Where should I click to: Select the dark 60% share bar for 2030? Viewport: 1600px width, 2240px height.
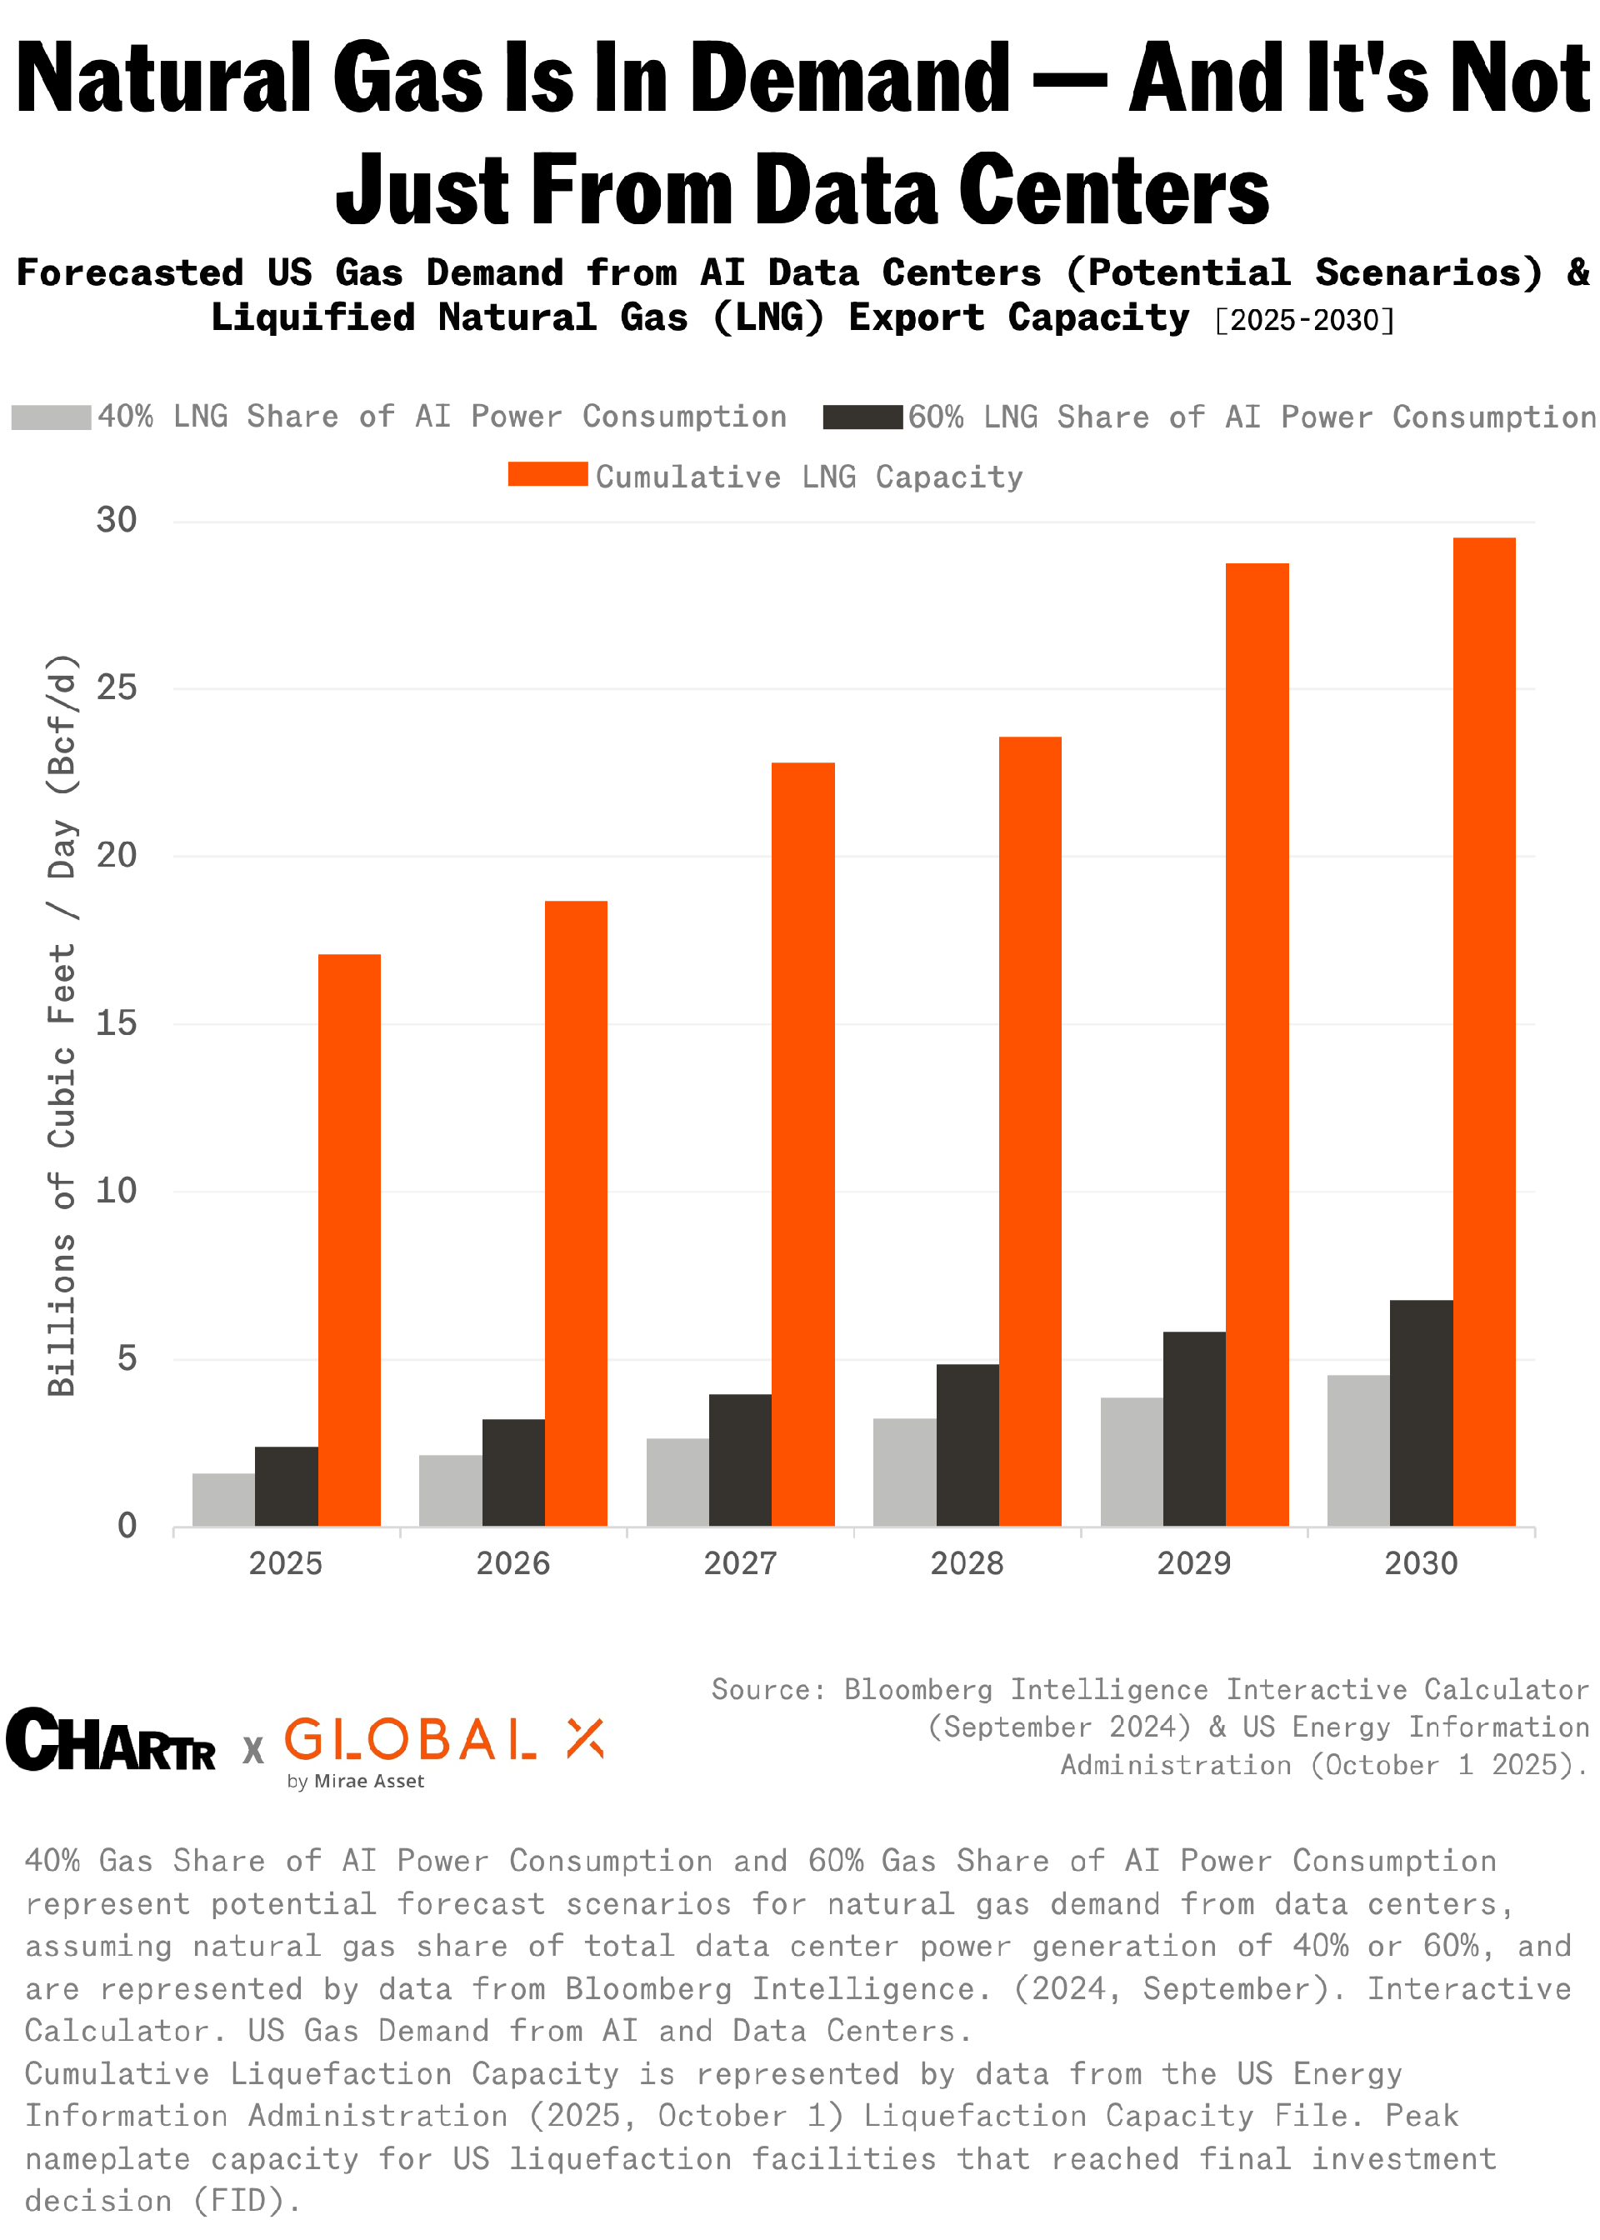pos(1421,1412)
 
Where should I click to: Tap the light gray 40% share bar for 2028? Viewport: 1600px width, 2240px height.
pos(903,1472)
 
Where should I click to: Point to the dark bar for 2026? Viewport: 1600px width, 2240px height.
pos(512,1472)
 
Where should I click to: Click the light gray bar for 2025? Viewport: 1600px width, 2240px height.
pos(222,1499)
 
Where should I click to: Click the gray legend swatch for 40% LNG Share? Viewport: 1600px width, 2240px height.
pos(51,417)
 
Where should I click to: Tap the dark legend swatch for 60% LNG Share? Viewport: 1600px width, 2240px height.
pos(862,417)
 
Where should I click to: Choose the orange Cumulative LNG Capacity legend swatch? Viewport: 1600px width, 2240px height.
pos(547,475)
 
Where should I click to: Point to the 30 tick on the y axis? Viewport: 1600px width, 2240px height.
pos(117,520)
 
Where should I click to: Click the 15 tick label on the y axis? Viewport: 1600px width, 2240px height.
pos(117,1022)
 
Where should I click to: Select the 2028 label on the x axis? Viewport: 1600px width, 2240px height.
pos(967,1563)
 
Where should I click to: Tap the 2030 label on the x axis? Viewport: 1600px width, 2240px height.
pos(1420,1563)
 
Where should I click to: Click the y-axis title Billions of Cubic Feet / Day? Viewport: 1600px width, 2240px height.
pos(62,1024)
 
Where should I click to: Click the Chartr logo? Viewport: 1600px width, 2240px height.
pos(110,1742)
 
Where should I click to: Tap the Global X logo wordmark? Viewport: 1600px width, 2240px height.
pos(443,1742)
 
